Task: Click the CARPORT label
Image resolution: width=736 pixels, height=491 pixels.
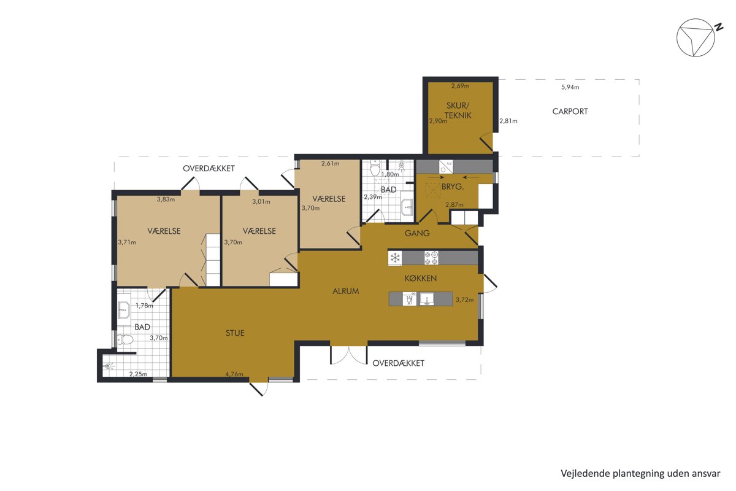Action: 570,112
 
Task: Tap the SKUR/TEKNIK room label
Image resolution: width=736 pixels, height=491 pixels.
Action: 458,110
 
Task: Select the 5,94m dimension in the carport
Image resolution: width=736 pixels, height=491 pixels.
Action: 570,87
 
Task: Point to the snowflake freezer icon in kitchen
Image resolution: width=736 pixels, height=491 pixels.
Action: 395,258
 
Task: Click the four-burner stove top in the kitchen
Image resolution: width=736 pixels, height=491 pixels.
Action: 431,258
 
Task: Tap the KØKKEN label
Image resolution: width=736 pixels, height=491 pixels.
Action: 421,279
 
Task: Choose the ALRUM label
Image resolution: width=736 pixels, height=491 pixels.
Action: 346,291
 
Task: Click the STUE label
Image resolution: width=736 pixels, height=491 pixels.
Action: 235,333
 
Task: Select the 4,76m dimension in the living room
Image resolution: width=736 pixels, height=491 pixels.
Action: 234,374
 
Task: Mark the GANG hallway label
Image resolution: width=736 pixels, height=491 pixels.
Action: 417,233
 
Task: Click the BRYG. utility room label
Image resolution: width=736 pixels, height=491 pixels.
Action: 453,187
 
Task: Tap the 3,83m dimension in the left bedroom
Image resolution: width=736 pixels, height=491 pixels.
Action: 166,199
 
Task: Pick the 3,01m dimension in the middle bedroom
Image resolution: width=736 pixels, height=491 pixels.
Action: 261,201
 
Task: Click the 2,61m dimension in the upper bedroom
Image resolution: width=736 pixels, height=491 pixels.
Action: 330,163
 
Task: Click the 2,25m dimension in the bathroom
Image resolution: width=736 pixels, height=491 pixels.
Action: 138,374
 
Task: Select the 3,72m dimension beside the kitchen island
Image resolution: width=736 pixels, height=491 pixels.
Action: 465,300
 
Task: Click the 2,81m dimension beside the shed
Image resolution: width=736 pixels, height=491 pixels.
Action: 508,121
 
